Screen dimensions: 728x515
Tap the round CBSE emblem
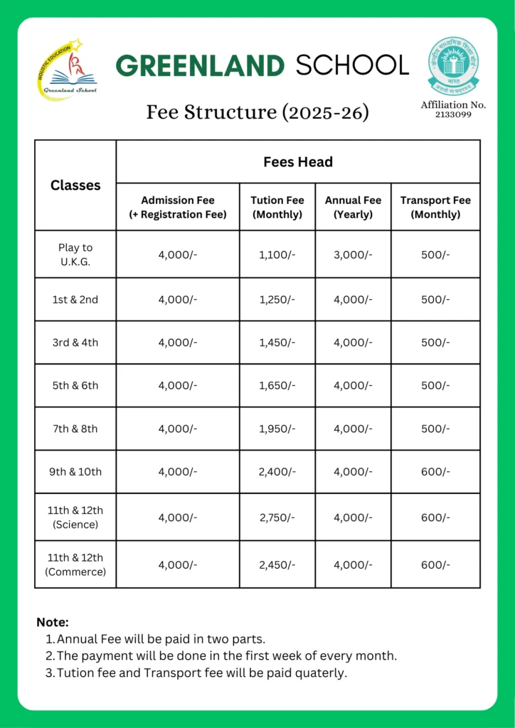point(453,65)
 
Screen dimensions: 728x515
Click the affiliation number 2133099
point(453,114)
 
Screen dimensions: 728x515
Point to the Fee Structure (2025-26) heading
point(257,112)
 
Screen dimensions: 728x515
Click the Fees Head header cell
point(298,162)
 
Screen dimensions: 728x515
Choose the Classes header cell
point(75,186)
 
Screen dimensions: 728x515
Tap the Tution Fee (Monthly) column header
point(277,207)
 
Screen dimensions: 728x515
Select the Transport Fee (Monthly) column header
point(435,207)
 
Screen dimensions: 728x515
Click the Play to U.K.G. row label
point(75,254)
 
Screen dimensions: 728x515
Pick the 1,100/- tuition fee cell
point(277,254)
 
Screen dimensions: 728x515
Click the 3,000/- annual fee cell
point(353,254)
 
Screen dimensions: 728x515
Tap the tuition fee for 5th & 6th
point(277,385)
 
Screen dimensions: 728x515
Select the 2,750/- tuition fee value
point(277,518)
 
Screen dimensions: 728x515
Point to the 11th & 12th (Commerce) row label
point(75,564)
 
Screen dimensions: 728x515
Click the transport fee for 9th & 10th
point(435,471)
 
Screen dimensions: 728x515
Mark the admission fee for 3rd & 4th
point(178,343)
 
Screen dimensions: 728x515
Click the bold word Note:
point(53,622)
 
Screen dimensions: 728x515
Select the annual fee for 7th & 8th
point(353,429)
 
